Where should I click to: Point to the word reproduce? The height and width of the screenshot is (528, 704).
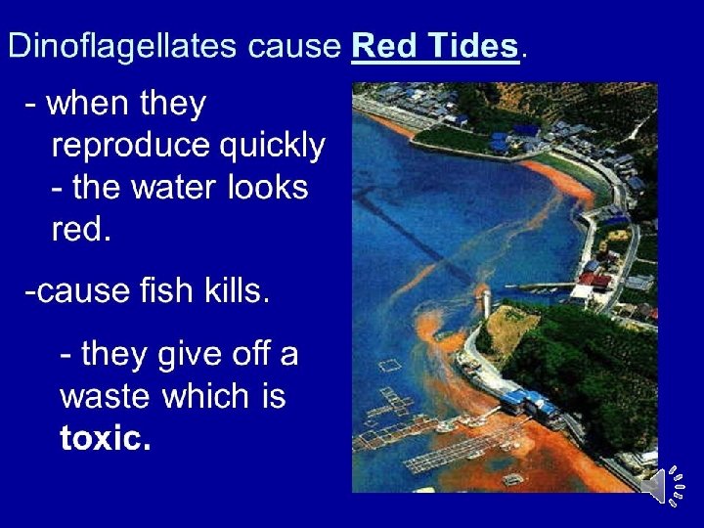[x=130, y=146]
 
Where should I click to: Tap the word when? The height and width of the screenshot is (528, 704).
[x=91, y=104]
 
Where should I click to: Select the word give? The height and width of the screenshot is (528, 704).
[x=176, y=354]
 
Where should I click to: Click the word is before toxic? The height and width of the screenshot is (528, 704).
[x=272, y=396]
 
